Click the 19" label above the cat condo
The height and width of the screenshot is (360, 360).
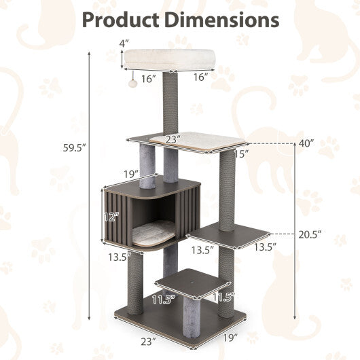click(131, 174)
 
